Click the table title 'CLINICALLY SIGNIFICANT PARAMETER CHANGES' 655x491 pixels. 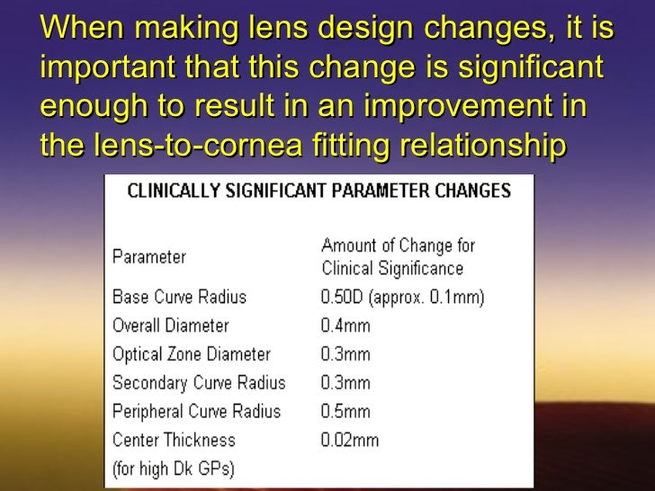point(319,191)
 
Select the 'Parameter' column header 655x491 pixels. point(149,257)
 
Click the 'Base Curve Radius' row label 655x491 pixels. point(179,297)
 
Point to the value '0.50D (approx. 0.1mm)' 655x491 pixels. point(402,298)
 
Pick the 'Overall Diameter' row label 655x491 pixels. point(171,326)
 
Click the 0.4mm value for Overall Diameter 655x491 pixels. point(345,326)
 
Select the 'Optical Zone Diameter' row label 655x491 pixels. point(191,354)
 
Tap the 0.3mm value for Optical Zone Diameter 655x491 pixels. point(345,354)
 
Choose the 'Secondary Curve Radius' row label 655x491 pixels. point(199,383)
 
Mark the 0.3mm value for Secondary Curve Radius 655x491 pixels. point(345,383)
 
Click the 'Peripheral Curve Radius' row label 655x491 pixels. point(196,412)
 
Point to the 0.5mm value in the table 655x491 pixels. point(345,412)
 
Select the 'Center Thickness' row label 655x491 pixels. point(174,441)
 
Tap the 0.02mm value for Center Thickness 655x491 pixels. point(350,441)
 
